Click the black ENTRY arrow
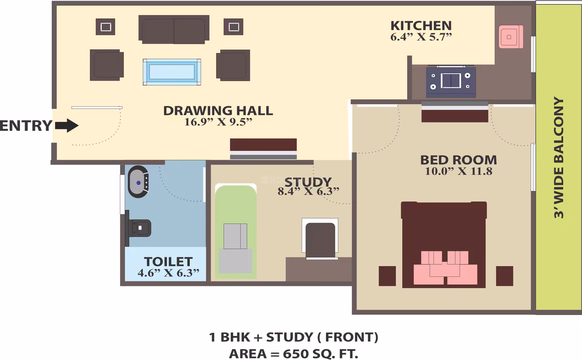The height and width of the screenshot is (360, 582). pos(67,125)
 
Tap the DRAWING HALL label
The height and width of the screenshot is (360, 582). pos(218,110)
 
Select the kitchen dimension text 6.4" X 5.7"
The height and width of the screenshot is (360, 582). pos(421,37)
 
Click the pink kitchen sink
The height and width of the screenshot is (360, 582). pos(511,37)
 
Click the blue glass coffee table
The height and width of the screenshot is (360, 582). pos(172,72)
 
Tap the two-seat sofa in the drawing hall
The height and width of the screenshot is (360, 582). pos(174,29)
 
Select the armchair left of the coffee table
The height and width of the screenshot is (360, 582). pos(106,65)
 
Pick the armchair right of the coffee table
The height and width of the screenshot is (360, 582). pos(233,65)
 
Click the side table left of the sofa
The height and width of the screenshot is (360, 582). pos(105,27)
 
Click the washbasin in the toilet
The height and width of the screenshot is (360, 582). pos(138,182)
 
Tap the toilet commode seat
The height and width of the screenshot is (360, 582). pos(139,228)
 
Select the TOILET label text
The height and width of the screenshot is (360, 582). pos(168,261)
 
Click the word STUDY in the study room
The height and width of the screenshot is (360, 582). pos(308,182)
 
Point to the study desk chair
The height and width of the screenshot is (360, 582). pos(320,239)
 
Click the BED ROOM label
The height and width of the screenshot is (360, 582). pos(459,160)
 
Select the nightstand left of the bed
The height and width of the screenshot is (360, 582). pos(387,276)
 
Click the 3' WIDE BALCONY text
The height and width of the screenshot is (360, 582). pos(558,158)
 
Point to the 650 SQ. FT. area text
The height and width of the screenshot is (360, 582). pos(321,353)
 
